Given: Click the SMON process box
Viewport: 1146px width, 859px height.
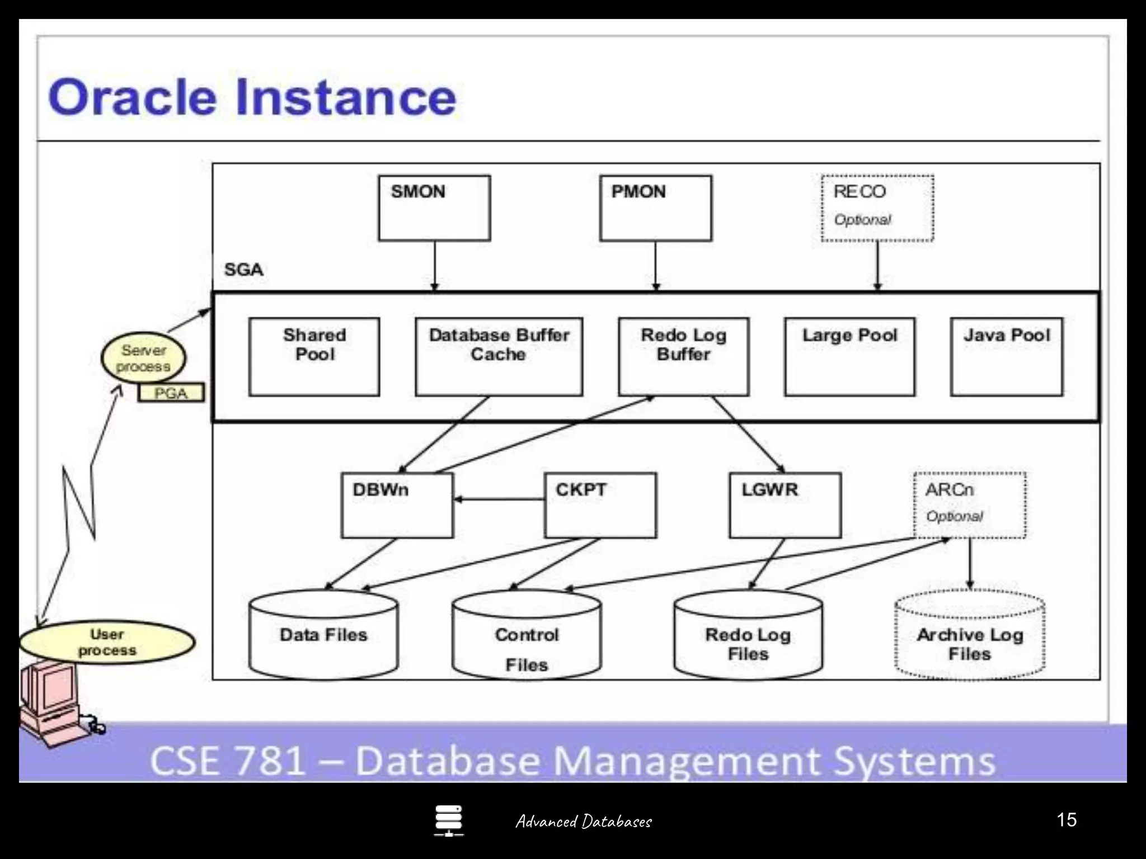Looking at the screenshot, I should pyautogui.click(x=434, y=208).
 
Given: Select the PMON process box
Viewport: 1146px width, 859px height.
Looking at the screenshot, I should pyautogui.click(x=655, y=208).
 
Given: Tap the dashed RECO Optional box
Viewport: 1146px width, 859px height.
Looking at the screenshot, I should pyautogui.click(x=877, y=208).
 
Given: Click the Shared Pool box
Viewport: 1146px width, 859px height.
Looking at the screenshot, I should pyautogui.click(x=314, y=357).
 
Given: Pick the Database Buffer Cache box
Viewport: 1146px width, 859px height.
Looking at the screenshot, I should pyautogui.click(x=499, y=357).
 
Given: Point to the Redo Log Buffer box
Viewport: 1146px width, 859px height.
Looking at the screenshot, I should pyautogui.click(x=683, y=357).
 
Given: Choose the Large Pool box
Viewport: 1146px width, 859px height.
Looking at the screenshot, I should pyautogui.click(x=849, y=357).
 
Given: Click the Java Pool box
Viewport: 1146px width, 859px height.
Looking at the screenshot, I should pyautogui.click(x=1006, y=357).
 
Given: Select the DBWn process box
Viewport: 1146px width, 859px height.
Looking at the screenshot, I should pyautogui.click(x=397, y=506).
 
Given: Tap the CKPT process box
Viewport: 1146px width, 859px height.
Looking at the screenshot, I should pyautogui.click(x=600, y=506).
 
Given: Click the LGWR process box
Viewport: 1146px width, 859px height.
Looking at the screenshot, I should pyautogui.click(x=785, y=506).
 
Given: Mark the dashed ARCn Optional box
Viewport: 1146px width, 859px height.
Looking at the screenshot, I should pyautogui.click(x=970, y=506).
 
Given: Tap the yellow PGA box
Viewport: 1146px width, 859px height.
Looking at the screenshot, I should pyautogui.click(x=171, y=393).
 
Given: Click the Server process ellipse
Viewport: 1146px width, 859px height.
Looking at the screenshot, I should pyautogui.click(x=143, y=358).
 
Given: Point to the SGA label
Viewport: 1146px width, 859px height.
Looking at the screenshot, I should pyautogui.click(x=243, y=270).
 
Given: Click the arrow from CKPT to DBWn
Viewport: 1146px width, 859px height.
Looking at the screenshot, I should pyautogui.click(x=498, y=499).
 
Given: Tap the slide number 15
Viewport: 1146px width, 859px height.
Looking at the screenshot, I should pyautogui.click(x=1067, y=820).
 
